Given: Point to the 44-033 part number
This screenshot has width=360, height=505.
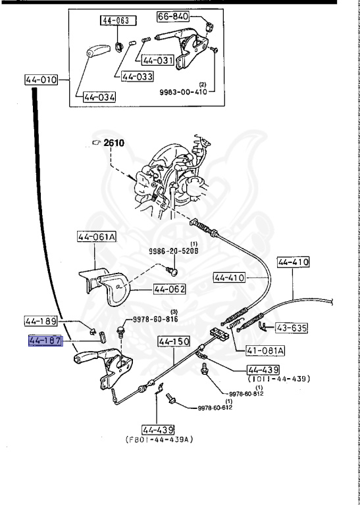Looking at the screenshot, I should (x=137, y=76).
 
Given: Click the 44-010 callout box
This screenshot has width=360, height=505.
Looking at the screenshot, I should (x=41, y=80).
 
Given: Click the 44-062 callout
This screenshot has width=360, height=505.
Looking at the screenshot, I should (x=170, y=289).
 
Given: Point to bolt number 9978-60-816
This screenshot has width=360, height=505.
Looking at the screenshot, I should (x=155, y=319).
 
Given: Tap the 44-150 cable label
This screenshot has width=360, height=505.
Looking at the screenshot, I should (x=174, y=342).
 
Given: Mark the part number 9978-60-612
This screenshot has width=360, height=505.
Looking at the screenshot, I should (x=215, y=408).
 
